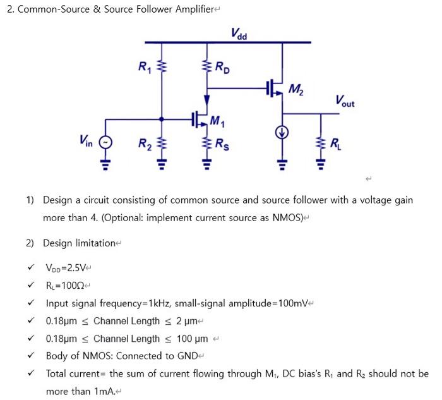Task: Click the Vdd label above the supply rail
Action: [239, 33]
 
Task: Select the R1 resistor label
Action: [144, 65]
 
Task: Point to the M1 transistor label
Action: [216, 120]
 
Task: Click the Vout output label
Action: [345, 100]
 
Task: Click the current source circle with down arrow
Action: [282, 133]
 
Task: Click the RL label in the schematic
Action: [335, 142]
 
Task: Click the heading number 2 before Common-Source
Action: [9, 10]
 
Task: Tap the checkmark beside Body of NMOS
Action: [30, 356]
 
